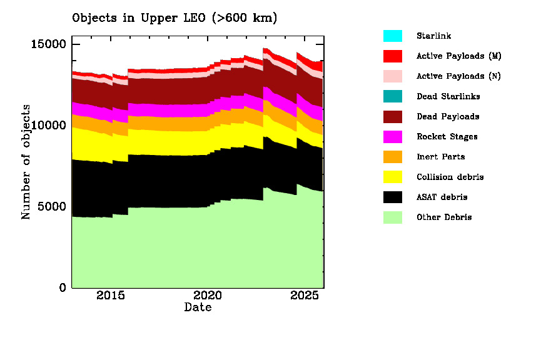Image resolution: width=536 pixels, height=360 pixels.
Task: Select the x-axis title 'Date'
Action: click(x=198, y=307)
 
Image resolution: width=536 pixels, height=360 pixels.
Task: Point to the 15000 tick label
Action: click(x=49, y=44)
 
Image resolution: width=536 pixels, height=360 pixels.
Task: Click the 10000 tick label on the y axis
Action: click(x=49, y=125)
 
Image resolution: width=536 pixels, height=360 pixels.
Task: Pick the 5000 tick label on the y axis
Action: click(x=53, y=206)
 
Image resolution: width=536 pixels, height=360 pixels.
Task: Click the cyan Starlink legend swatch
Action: click(x=393, y=36)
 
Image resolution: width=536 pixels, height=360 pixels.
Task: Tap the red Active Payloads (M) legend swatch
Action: click(x=393, y=56)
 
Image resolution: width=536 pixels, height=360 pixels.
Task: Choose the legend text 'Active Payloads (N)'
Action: click(x=458, y=76)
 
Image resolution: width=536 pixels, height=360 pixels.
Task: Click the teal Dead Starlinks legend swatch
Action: click(x=393, y=96)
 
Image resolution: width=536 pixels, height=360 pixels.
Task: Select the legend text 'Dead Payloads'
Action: click(x=448, y=117)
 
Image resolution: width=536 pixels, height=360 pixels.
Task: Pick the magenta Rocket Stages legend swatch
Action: click(x=393, y=137)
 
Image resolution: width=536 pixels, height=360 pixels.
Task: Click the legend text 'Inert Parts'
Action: click(x=440, y=157)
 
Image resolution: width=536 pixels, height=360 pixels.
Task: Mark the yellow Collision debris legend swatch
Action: click(x=393, y=177)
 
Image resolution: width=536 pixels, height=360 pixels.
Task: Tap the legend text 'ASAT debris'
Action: click(x=442, y=197)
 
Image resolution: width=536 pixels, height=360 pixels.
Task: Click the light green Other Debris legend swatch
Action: click(x=393, y=217)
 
